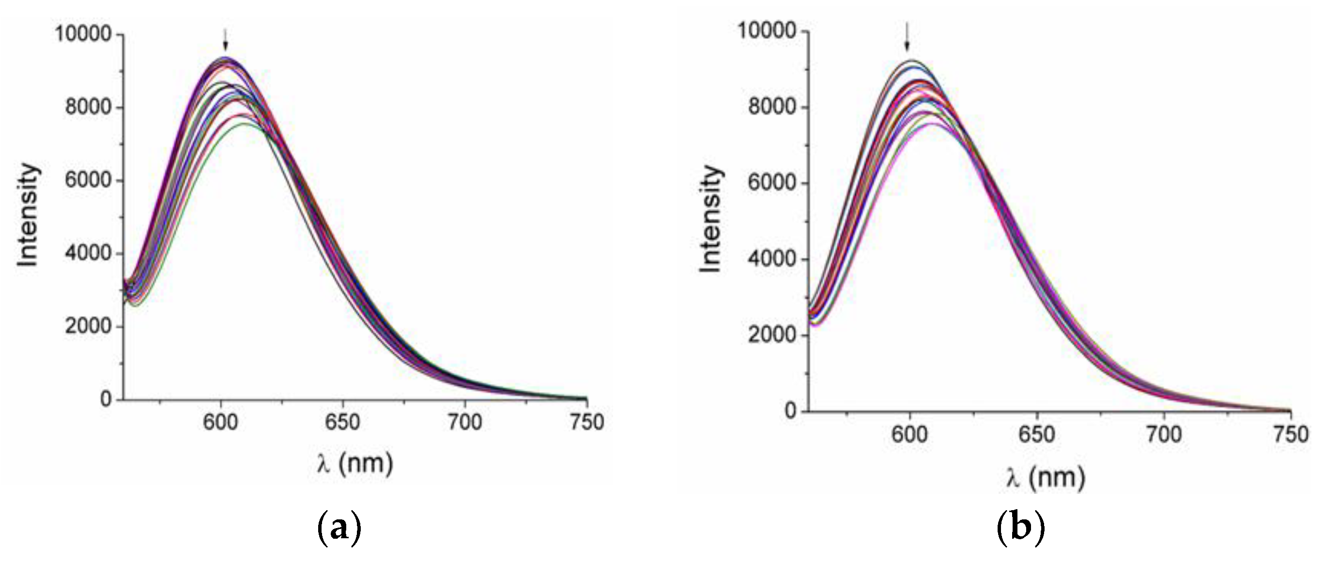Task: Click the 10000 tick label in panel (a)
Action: point(83,34)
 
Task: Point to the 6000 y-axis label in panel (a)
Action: point(89,181)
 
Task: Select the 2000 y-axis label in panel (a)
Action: point(89,326)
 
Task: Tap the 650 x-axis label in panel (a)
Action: point(343,422)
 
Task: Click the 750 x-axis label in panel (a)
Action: point(587,422)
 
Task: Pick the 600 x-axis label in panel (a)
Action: point(221,422)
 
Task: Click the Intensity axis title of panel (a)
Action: point(28,216)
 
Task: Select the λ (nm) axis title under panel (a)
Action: point(354,463)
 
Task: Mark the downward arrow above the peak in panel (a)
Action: point(225,40)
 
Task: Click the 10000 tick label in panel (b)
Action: point(767,31)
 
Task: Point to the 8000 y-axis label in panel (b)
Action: point(772,107)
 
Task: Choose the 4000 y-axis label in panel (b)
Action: point(772,259)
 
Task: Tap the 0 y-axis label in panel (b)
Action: point(790,411)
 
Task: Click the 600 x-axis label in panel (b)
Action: point(910,435)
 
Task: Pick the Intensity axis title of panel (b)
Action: point(712,219)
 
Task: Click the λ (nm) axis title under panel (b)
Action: point(1046,478)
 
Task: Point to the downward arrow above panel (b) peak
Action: point(907,37)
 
